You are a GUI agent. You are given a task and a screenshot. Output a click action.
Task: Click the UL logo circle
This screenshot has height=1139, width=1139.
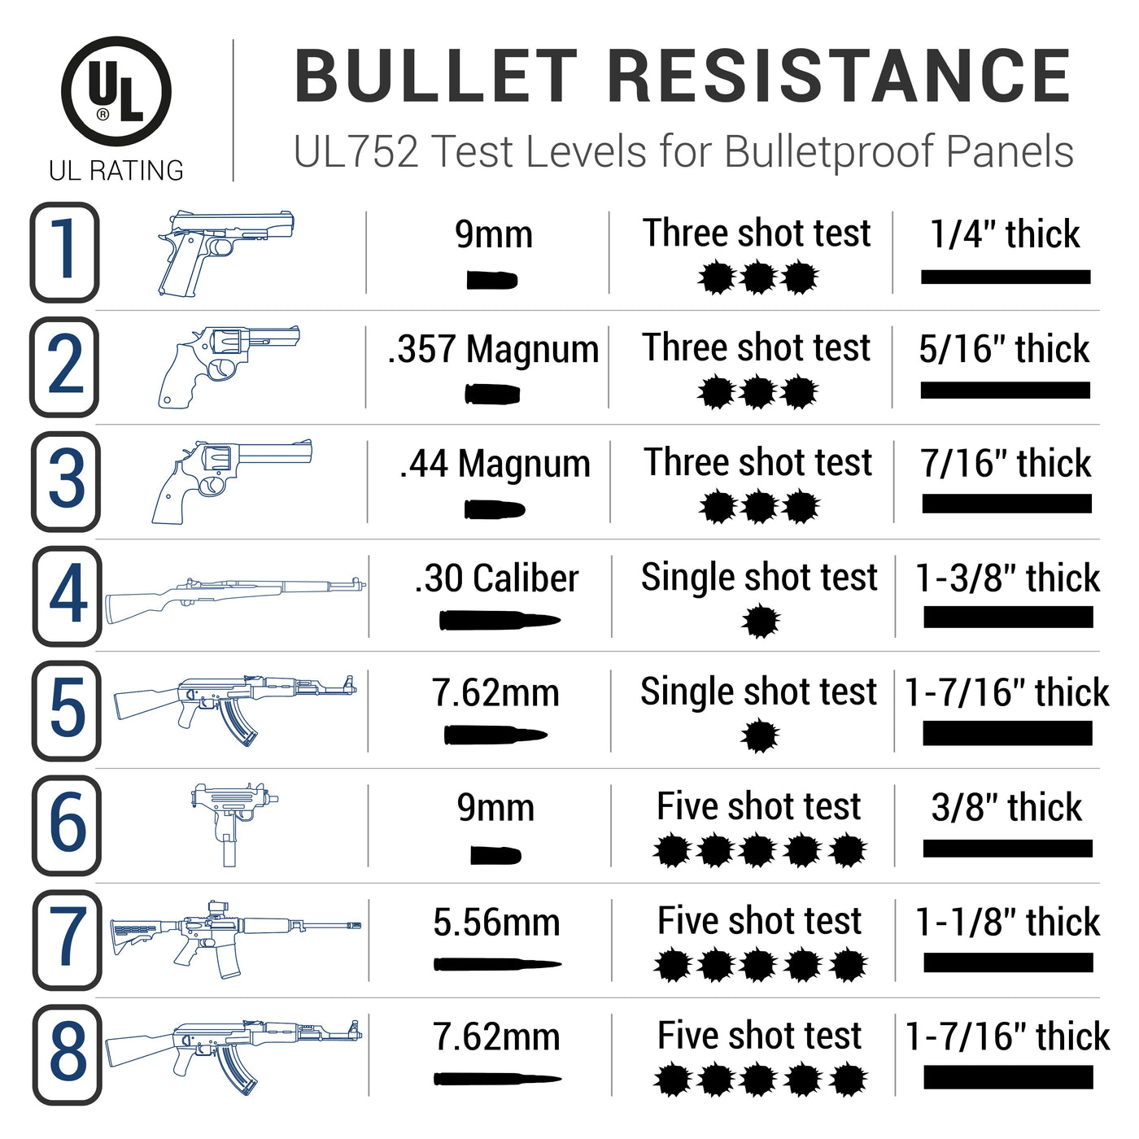tap(116, 91)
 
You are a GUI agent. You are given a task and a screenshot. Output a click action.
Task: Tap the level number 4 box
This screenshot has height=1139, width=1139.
tap(68, 596)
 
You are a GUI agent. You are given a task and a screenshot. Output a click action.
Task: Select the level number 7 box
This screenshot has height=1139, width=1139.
tap(68, 940)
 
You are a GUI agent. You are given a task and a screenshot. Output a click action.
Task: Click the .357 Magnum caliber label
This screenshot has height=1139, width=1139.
tap(493, 350)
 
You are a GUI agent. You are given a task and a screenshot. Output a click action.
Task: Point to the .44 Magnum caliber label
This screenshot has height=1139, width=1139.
tap(495, 465)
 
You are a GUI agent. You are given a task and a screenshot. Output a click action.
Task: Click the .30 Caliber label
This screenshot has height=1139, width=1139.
tap(496, 578)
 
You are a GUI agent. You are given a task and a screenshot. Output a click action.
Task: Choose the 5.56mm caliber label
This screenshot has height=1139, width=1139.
tap(496, 923)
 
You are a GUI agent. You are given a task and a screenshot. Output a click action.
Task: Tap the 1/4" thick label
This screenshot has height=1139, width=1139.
tap(1005, 235)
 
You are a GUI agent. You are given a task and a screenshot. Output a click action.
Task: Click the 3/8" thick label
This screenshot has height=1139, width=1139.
tap(1006, 808)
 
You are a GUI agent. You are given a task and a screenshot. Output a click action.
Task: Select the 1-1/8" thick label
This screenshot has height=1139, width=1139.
tap(1007, 923)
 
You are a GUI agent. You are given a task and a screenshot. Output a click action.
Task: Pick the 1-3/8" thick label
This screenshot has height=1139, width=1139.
tap(1007, 578)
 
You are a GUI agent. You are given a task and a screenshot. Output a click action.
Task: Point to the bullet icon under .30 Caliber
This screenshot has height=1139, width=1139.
tap(498, 621)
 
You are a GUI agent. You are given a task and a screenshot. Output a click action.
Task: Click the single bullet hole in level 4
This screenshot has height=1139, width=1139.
tap(761, 622)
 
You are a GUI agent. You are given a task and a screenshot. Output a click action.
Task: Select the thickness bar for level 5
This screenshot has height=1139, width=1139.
tap(1007, 734)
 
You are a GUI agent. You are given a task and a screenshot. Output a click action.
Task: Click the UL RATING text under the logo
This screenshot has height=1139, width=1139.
tap(116, 171)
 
